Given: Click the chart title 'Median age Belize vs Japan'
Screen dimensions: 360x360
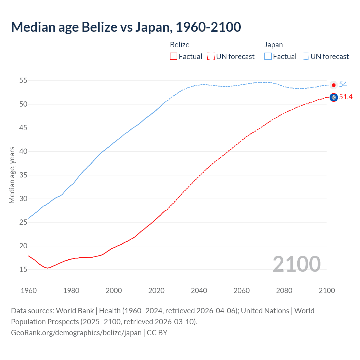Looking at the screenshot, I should click(x=126, y=27).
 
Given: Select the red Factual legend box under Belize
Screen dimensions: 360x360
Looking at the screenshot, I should click(x=174, y=57).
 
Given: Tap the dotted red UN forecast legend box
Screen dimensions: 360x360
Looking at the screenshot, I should click(x=211, y=57).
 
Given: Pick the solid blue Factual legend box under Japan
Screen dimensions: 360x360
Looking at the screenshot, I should click(x=268, y=57).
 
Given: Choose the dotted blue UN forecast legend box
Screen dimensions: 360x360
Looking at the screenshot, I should click(x=305, y=57).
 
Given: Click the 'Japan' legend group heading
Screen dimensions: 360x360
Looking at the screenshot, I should click(x=273, y=45).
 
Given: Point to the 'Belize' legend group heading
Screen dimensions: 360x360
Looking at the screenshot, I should click(x=180, y=45).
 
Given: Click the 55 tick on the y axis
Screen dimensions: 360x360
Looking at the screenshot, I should click(x=23, y=81).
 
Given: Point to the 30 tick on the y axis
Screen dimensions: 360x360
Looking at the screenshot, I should click(x=23, y=199).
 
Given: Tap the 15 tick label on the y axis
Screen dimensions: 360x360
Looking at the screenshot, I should click(x=23, y=270).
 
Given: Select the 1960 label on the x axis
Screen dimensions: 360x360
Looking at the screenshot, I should click(x=29, y=291).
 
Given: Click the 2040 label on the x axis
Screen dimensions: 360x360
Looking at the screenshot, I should click(x=199, y=291).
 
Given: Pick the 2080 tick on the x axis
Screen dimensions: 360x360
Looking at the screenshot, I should click(x=284, y=291).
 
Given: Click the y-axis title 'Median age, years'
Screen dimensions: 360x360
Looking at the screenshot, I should click(x=12, y=175).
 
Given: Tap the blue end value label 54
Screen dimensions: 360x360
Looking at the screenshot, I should click(x=343, y=84).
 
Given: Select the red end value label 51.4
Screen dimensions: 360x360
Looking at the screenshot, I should click(x=346, y=97).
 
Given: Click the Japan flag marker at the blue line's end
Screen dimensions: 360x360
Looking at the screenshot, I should click(x=334, y=85).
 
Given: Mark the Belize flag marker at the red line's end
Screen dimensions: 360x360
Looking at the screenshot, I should click(x=334, y=98).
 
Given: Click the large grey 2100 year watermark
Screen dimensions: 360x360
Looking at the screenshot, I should click(x=297, y=264).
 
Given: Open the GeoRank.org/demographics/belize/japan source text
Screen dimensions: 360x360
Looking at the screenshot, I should click(x=76, y=333).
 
